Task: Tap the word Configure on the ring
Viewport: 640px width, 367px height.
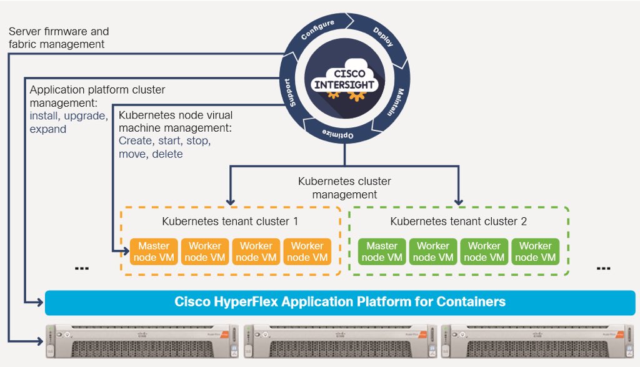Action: (318, 31)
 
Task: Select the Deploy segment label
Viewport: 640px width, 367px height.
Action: (383, 37)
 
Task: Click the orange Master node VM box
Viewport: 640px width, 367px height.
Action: (154, 252)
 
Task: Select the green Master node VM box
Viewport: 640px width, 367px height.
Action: (382, 252)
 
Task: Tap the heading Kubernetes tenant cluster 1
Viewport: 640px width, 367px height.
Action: (229, 222)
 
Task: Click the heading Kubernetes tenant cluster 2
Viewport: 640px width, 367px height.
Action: (458, 222)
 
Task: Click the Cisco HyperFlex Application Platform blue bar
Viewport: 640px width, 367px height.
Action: (340, 302)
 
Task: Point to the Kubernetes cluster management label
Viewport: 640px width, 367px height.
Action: (345, 188)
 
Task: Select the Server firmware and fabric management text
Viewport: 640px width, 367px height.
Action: (59, 37)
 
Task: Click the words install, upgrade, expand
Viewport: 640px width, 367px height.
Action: (69, 122)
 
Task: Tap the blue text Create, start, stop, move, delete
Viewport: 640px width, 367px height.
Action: (164, 147)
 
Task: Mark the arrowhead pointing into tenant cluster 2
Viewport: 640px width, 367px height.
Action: (458, 202)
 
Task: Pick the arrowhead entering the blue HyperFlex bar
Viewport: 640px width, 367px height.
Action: (41, 302)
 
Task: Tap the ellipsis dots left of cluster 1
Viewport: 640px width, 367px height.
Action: (81, 269)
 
